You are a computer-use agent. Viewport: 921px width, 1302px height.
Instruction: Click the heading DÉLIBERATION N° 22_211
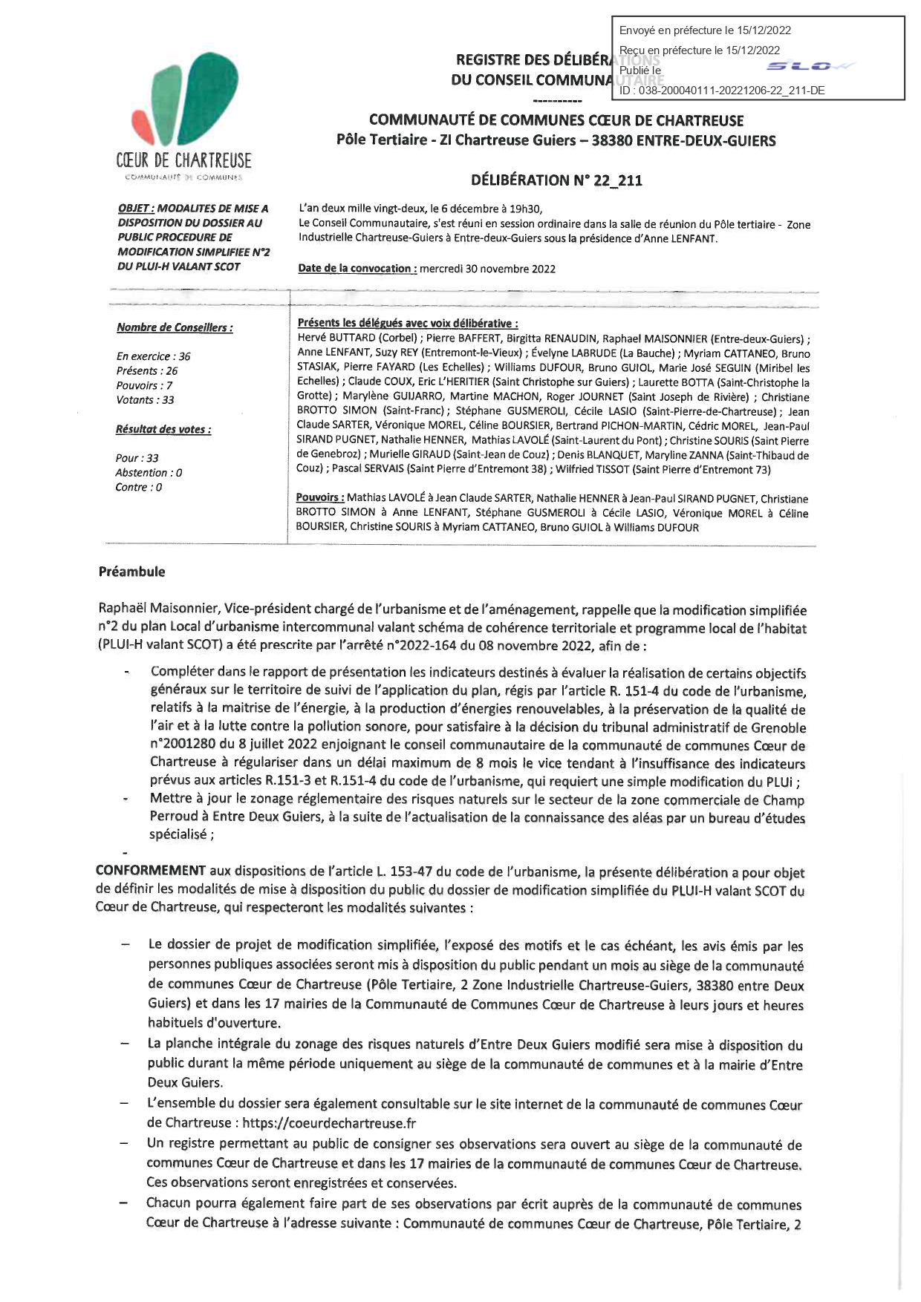point(556,180)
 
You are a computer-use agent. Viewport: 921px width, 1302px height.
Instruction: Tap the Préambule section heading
point(131,572)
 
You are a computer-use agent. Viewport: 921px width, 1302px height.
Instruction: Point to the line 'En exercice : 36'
point(153,356)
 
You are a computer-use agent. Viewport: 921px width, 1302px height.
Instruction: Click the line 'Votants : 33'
point(145,400)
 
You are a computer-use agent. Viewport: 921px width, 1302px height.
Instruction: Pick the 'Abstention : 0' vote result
point(149,473)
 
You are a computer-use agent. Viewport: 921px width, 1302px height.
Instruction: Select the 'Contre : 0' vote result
point(138,488)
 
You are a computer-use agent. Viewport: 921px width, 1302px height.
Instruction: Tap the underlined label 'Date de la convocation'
point(357,269)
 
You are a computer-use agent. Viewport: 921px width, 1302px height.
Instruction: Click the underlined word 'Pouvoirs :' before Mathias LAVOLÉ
point(319,499)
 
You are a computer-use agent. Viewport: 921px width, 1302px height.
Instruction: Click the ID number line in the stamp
point(722,91)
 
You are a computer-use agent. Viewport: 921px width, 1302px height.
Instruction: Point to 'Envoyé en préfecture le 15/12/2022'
point(705,30)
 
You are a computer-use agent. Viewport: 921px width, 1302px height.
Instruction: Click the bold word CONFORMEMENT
point(151,871)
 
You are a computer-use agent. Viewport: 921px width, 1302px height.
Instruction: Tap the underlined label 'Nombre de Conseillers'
point(175,327)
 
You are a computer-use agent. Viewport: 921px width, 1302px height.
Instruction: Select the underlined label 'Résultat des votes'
point(163,429)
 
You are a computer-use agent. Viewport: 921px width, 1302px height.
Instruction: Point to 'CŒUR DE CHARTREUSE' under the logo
point(183,160)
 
